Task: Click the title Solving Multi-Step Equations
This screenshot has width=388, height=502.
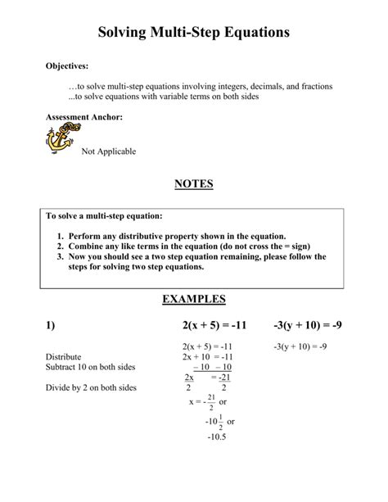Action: pos(194,34)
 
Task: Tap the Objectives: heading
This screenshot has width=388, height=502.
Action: pos(67,66)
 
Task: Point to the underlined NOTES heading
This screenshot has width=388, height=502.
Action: pos(194,184)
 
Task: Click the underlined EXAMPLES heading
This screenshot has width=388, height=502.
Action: pos(194,300)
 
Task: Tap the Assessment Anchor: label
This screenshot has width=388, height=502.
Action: pos(84,117)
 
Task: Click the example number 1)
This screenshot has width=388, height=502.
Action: pos(51,326)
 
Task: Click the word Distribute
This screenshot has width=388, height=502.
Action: pos(65,357)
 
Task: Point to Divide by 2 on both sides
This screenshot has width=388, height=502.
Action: pos(91,387)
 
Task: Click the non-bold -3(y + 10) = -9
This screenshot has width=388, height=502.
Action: pos(300,346)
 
